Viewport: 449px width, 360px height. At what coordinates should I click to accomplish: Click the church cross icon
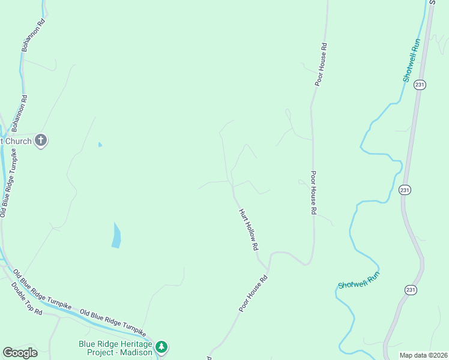click(40, 140)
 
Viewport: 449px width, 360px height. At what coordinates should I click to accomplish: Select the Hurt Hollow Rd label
click(249, 229)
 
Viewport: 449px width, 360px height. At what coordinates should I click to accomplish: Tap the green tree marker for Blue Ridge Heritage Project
click(161, 347)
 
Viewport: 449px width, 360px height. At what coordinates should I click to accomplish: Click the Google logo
click(20, 353)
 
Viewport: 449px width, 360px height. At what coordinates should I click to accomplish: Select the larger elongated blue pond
click(115, 235)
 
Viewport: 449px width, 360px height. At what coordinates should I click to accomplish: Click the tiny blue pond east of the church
click(100, 144)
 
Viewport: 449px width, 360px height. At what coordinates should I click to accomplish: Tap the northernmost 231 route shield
click(419, 85)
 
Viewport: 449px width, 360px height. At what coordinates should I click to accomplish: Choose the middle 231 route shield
click(405, 190)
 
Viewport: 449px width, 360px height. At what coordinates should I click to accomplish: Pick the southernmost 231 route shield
click(410, 290)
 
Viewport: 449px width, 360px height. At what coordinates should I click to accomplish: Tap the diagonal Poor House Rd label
click(253, 293)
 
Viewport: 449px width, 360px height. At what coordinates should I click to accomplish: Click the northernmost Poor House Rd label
click(322, 64)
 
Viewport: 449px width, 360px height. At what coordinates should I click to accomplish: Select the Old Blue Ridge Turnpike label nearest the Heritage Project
click(112, 322)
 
